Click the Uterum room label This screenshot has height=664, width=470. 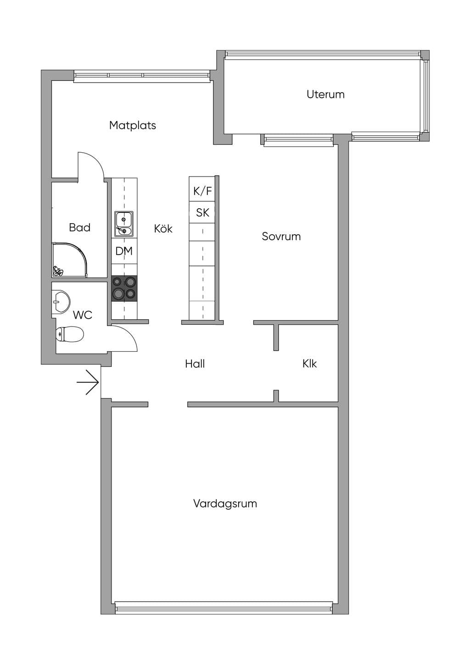(x=325, y=94)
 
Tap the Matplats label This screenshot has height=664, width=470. (x=133, y=125)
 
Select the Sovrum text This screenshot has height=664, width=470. (x=281, y=236)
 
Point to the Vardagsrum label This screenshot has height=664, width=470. (x=225, y=504)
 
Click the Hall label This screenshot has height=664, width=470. (x=195, y=364)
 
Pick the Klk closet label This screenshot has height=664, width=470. (x=309, y=364)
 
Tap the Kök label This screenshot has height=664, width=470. (x=163, y=228)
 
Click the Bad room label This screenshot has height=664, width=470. (x=79, y=227)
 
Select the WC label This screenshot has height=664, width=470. (x=83, y=315)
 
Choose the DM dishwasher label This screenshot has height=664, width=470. (x=124, y=251)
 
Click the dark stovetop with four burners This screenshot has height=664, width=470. (x=124, y=289)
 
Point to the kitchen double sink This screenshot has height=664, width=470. (x=124, y=224)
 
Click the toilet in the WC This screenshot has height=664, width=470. (x=70, y=334)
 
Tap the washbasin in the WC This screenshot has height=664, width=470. (x=61, y=302)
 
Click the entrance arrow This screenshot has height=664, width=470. (x=88, y=382)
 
